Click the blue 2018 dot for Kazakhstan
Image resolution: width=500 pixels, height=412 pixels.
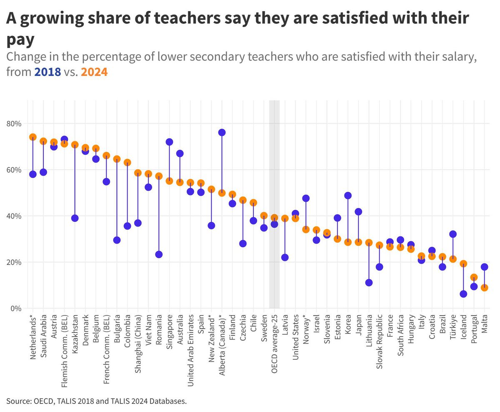point(75,218)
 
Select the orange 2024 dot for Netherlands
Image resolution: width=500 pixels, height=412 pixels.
point(33,137)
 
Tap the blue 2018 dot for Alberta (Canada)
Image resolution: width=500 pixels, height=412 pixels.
point(222,132)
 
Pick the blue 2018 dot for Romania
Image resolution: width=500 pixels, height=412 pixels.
point(159,254)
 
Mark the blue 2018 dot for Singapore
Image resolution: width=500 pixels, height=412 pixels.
point(169,142)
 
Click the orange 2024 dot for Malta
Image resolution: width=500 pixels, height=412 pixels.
point(484,288)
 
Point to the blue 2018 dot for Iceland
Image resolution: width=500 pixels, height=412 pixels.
point(463,294)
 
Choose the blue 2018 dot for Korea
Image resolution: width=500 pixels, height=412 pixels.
point(348,196)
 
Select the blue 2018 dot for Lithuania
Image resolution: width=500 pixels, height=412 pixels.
point(369,283)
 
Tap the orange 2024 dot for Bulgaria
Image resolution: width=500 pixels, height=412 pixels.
point(117,159)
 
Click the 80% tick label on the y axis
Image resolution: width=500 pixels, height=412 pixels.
point(14,124)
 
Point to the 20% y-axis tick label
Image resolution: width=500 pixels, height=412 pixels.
point(14,262)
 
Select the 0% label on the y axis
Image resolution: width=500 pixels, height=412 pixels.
point(16,309)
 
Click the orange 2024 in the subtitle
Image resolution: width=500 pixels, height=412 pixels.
point(94,72)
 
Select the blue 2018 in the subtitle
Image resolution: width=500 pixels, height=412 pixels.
point(47,72)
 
